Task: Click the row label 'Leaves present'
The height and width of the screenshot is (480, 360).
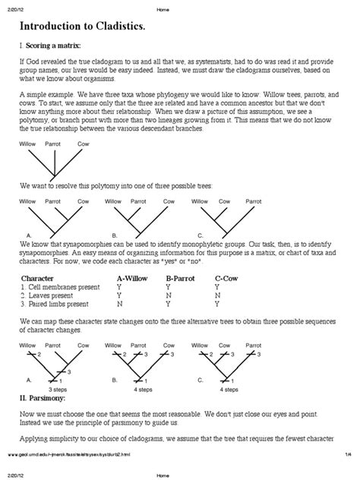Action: pyautogui.click(x=55, y=295)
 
